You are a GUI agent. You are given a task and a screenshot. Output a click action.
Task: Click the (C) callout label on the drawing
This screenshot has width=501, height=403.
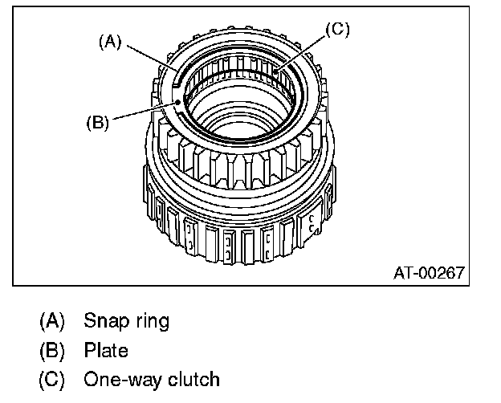(337, 30)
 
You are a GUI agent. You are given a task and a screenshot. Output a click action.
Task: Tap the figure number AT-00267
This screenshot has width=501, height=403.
(428, 273)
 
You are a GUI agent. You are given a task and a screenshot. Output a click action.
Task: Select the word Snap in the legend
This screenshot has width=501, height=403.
(103, 322)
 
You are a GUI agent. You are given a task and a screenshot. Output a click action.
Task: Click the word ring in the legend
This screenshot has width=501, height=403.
(150, 322)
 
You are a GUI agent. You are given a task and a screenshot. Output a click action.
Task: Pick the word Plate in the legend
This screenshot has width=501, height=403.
(105, 351)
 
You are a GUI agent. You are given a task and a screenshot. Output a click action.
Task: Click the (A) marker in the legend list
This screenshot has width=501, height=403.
(51, 323)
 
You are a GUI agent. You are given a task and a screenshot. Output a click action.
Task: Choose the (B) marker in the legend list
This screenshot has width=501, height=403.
(51, 352)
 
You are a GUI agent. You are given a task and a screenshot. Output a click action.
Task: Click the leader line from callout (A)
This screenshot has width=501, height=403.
(149, 60)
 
